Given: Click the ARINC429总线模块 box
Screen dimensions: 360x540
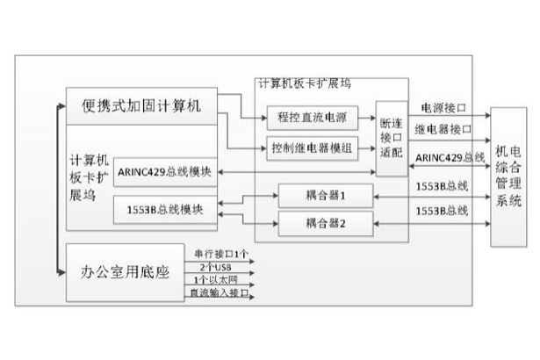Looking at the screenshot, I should click(x=163, y=172).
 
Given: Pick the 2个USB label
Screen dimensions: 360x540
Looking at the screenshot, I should click(x=215, y=266).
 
